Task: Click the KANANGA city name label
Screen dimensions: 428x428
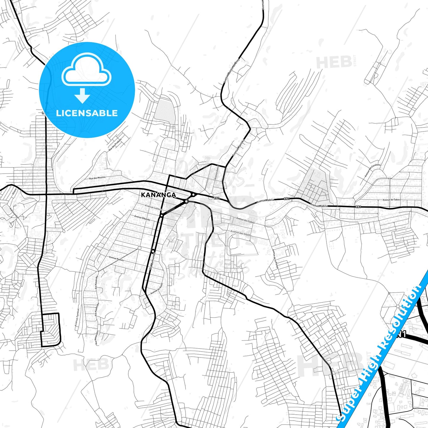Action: click(158, 195)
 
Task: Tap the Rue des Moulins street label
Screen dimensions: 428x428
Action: click(97, 178)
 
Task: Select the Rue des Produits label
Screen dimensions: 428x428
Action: click(115, 145)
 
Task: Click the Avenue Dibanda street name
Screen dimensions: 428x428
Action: click(142, 218)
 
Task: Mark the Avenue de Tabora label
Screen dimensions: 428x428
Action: click(391, 200)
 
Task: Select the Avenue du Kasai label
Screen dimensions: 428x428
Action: click(157, 288)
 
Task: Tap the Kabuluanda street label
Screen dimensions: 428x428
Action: click(14, 212)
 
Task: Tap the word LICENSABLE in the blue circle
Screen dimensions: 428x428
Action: click(87, 113)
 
